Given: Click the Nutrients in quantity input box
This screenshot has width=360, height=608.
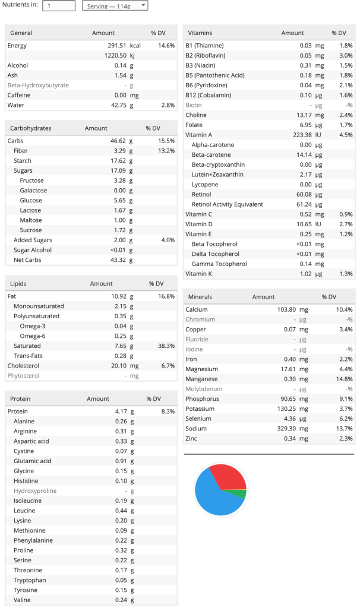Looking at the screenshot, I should click(59, 5).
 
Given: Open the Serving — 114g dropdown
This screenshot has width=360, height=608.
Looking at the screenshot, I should click(115, 5).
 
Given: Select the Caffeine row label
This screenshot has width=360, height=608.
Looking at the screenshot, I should click(19, 95).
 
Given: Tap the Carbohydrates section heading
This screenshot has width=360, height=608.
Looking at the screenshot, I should click(31, 128).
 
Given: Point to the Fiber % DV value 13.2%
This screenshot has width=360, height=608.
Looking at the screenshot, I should click(166, 151).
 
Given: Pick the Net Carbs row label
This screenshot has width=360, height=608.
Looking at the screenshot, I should click(27, 260).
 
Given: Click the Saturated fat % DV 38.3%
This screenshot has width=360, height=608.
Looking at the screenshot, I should click(166, 346).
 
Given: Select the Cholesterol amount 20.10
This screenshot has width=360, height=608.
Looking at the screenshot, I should click(118, 366).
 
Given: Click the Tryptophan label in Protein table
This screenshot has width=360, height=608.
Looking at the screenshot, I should click(30, 580).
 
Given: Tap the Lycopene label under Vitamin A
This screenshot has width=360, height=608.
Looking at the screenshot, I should click(205, 185).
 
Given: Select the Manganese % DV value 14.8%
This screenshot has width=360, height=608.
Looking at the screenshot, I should click(343, 379).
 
